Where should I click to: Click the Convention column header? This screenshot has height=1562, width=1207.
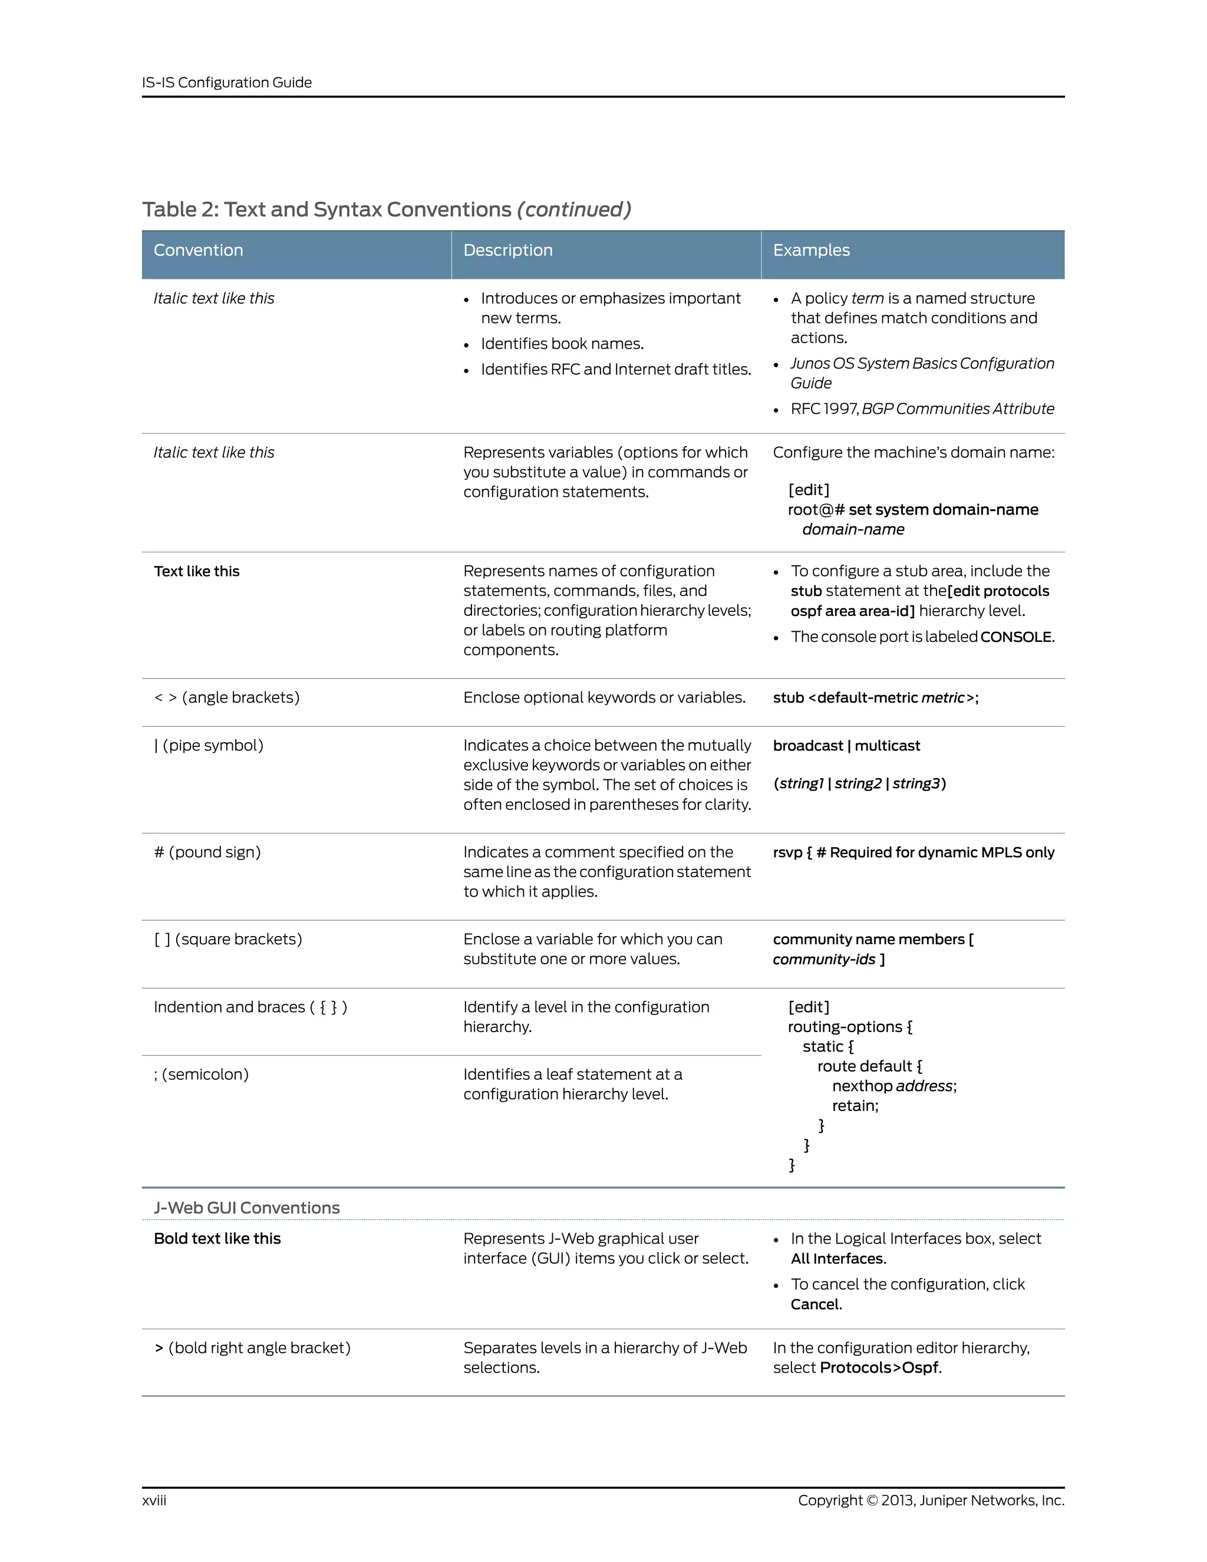198,251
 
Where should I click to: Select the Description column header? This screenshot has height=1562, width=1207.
507,251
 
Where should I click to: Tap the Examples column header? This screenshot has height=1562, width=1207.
811,251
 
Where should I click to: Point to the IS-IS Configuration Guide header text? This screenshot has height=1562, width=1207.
227,83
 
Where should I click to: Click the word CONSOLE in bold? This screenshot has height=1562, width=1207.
1015,637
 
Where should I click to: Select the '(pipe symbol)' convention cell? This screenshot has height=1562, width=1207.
209,745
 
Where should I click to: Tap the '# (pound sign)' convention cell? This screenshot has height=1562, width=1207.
207,852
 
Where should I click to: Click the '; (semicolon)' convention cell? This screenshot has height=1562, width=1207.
201,1074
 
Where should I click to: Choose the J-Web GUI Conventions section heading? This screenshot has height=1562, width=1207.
247,1207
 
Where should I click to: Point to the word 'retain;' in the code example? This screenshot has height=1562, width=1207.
855,1106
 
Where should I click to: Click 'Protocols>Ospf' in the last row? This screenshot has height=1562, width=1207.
879,1367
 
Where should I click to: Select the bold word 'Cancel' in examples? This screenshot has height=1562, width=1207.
814,1304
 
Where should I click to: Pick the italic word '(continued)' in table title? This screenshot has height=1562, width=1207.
573,210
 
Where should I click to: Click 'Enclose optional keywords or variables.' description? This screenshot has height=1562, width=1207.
604,697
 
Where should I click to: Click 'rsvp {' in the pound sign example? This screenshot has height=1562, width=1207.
792,852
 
